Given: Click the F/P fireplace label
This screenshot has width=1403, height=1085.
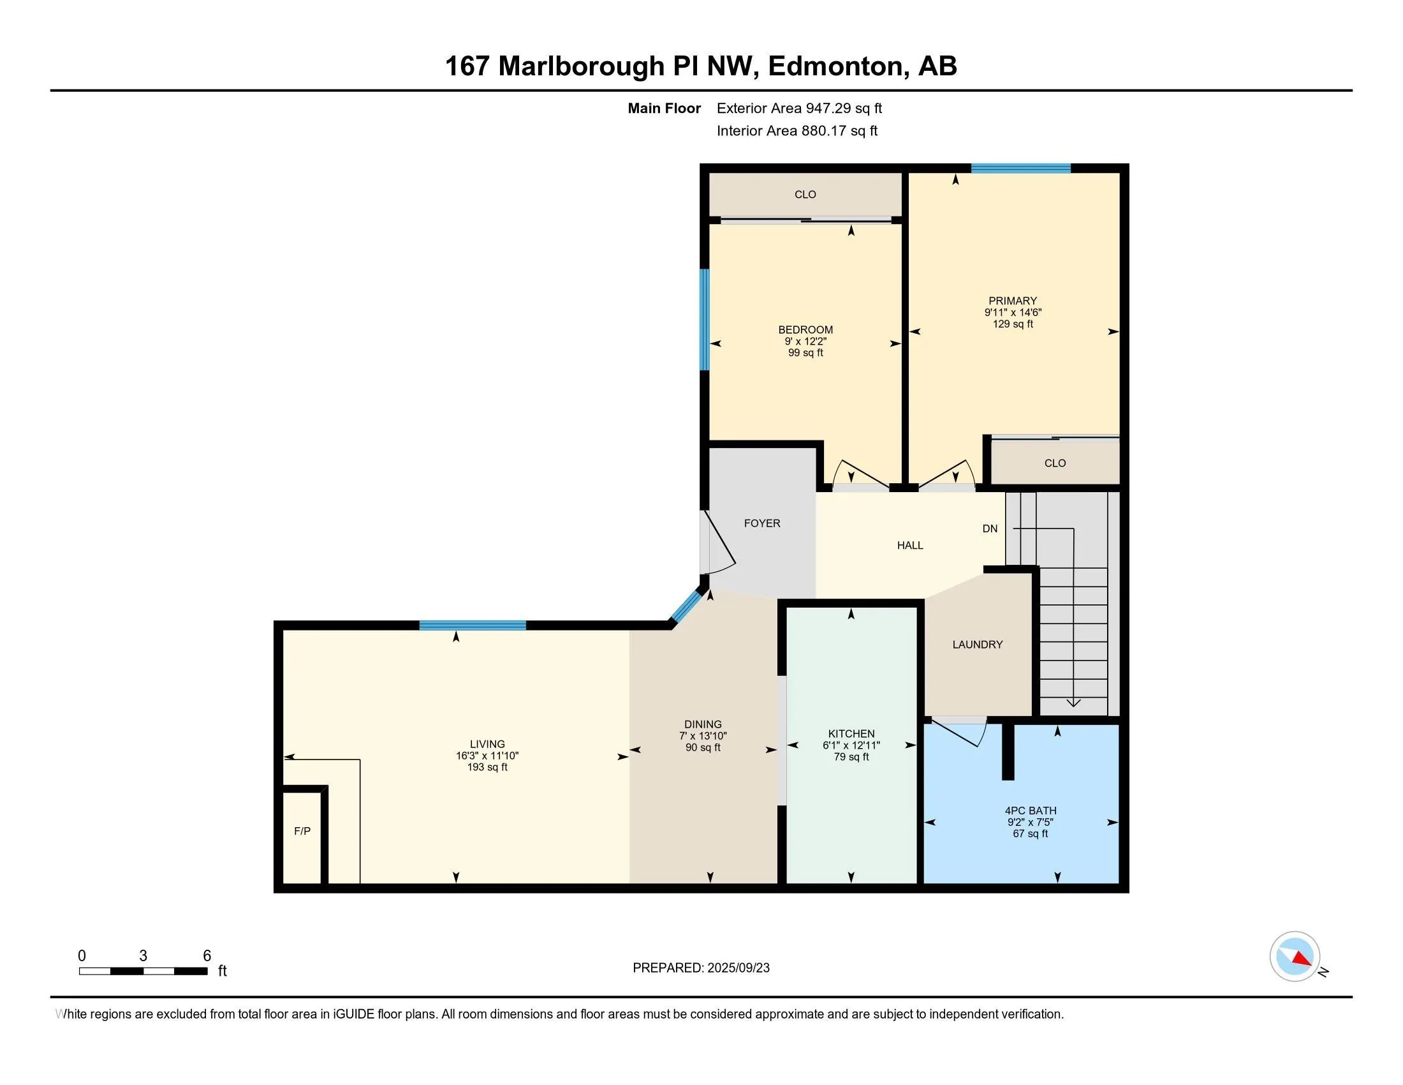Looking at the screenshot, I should click(x=302, y=831).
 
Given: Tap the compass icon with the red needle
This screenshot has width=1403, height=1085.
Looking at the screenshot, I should click(x=1295, y=957).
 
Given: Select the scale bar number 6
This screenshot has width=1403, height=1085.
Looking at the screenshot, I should click(x=207, y=956).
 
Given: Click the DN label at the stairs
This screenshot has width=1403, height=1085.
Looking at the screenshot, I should click(x=990, y=528).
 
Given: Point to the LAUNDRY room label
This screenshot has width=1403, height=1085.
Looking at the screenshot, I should click(x=977, y=644).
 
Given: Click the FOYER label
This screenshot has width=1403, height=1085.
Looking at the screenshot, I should click(x=762, y=523).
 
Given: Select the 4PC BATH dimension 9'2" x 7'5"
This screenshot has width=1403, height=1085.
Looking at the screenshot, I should click(x=1030, y=822).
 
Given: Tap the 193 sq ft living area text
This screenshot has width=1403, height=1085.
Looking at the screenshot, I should click(x=487, y=767).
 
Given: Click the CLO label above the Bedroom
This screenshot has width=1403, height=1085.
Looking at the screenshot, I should click(x=805, y=194).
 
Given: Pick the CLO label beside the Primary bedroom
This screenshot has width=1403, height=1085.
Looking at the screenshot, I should click(x=1055, y=463).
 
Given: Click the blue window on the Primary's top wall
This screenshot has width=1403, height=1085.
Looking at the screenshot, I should click(x=1021, y=168).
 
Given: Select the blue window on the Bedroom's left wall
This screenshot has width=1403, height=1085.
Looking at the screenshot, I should click(x=704, y=320).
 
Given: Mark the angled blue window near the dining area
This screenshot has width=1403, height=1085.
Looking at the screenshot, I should click(x=686, y=606).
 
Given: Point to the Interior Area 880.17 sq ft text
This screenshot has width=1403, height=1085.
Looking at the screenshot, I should click(x=797, y=130).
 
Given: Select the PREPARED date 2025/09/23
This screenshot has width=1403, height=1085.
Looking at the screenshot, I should click(x=737, y=968).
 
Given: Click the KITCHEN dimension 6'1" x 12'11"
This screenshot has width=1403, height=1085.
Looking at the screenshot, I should click(x=851, y=745).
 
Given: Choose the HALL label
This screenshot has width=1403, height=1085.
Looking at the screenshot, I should click(x=909, y=545).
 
